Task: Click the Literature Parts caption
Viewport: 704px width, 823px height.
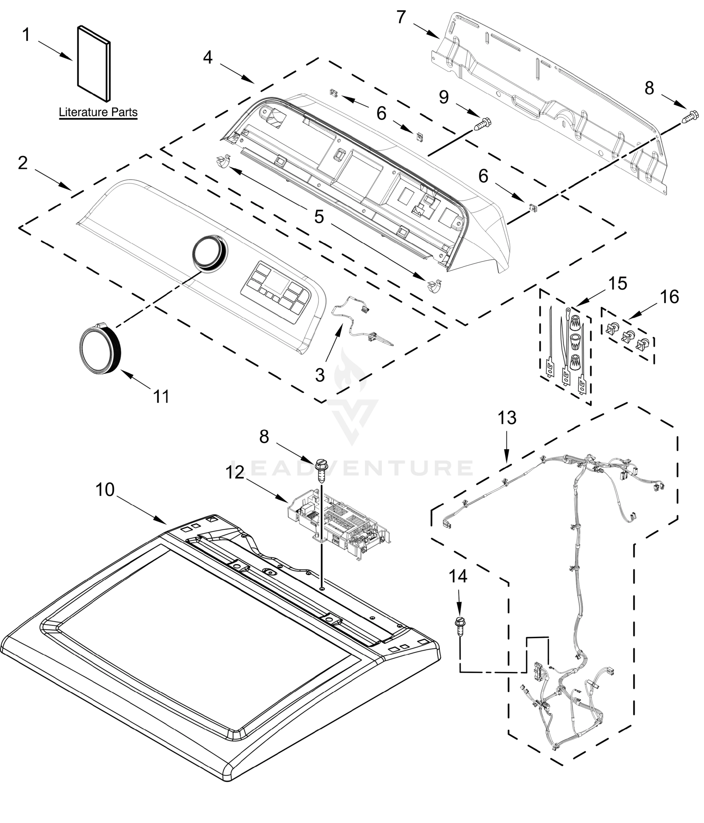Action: (98, 112)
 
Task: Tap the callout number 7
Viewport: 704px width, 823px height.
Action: (401, 17)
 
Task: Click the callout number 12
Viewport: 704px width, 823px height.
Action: (235, 473)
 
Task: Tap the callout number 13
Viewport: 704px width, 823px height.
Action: (507, 418)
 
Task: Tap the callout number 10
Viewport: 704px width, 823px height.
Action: (105, 490)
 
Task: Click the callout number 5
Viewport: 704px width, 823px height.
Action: (319, 217)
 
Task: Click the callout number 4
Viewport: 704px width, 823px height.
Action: (208, 58)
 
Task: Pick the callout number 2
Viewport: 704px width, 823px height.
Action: (23, 163)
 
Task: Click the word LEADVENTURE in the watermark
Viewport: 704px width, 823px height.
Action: (351, 468)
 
